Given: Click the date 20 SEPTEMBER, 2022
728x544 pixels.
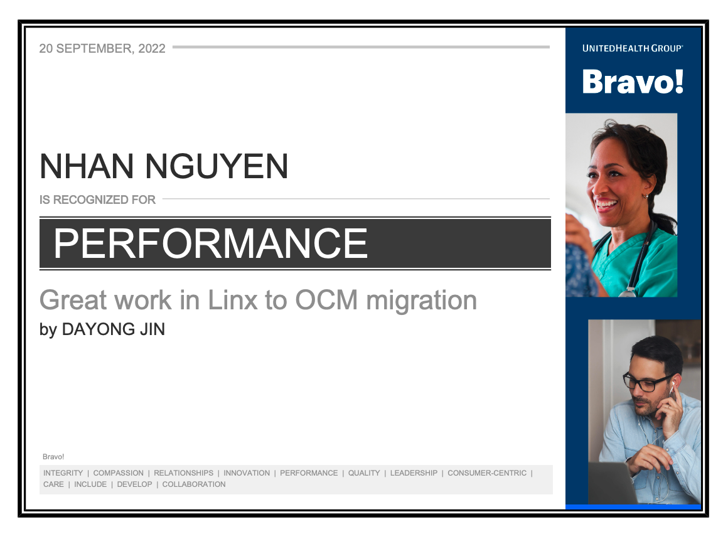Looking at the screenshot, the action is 102,48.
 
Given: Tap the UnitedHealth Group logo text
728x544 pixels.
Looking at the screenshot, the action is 633,48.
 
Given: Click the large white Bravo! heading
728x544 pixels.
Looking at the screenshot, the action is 633,82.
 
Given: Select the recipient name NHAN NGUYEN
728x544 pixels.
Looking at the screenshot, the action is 164,166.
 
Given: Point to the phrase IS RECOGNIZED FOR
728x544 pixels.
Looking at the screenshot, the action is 97,200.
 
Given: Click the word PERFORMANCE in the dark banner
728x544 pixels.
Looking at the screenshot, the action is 210,243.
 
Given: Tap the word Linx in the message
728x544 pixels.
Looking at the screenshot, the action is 232,300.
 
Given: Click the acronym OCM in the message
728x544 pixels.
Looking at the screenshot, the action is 326,300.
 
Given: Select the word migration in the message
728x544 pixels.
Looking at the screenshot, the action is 422,301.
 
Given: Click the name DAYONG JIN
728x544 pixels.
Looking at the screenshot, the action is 114,329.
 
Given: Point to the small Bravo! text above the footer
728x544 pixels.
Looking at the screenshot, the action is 53,457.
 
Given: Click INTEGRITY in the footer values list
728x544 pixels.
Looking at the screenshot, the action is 63,473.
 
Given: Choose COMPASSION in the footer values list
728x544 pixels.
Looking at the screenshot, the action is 119,473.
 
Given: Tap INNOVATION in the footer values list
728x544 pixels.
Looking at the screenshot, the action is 247,473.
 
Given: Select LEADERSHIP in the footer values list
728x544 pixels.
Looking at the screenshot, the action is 414,473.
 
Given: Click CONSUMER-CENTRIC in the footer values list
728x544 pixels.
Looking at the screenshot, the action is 487,473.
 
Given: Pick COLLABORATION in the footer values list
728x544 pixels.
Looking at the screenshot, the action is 194,484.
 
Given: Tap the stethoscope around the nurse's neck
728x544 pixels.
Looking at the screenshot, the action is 637,260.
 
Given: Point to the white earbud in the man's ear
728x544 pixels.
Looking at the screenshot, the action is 672,387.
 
